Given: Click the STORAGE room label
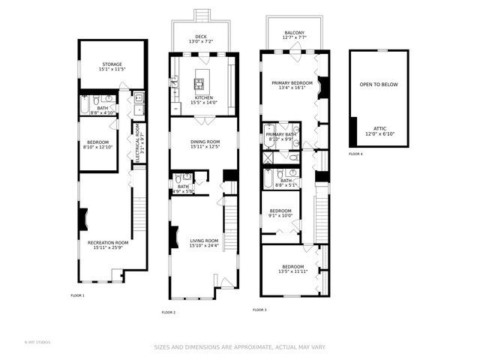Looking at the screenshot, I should (x=112, y=64).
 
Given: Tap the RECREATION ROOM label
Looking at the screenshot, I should (x=108, y=243).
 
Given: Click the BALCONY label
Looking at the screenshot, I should (x=294, y=33).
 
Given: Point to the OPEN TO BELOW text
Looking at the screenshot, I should (x=379, y=85).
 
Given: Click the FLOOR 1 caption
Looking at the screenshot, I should (x=78, y=295).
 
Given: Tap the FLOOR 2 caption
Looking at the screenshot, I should (x=169, y=312).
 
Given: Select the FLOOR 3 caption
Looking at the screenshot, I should (x=259, y=309).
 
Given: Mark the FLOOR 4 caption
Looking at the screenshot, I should (x=355, y=154).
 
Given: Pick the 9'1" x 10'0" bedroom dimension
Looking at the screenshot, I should (x=280, y=216).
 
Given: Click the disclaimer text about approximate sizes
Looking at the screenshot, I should (x=240, y=347).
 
